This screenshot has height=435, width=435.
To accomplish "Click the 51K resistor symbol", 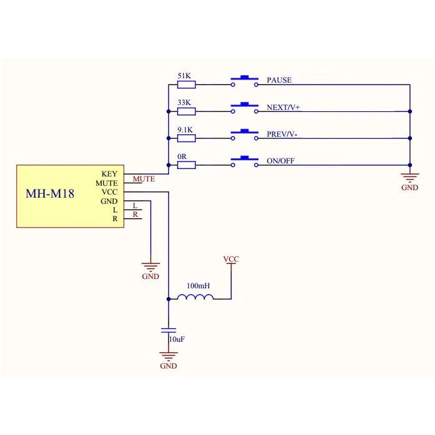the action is tap(186, 85).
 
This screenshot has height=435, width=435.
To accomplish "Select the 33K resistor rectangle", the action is tap(186, 111).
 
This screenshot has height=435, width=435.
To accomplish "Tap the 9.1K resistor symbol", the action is tap(186, 138).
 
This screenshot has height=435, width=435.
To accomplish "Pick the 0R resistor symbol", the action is tap(186, 165).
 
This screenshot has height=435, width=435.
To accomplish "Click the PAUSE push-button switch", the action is tap(244, 81).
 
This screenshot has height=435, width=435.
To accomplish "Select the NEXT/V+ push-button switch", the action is tap(244, 108).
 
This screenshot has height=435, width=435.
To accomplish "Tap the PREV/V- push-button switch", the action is tap(244, 134).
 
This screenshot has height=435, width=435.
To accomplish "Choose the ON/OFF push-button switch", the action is tap(244, 161).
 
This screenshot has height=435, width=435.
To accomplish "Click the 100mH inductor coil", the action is tap(195, 297).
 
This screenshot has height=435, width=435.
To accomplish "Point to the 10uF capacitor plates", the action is tap(168, 330).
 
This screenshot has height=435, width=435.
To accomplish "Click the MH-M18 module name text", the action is tap(50, 193).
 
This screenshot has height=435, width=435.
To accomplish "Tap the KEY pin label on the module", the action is tap(109, 174).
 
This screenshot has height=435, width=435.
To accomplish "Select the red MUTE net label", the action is tap(144, 179).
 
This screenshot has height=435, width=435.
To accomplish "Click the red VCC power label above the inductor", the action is tap(231, 259).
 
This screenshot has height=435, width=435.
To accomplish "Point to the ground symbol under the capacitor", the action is tap(168, 356).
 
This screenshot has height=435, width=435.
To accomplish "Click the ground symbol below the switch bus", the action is tap(410, 178).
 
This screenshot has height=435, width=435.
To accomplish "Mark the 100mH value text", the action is tap(198, 285).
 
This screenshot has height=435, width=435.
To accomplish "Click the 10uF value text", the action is tap(177, 339).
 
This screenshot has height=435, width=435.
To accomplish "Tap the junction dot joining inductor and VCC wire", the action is tap(168, 299).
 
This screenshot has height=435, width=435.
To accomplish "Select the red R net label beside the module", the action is tap(135, 214).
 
